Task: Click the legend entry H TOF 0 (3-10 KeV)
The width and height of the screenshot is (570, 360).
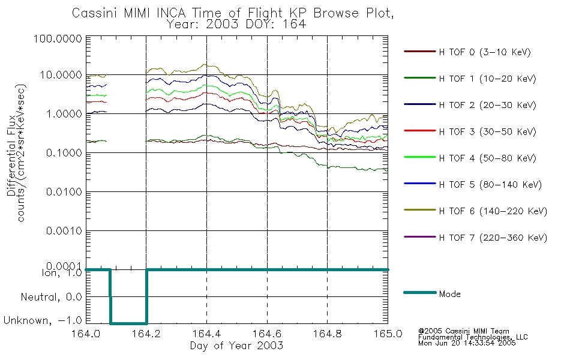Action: point(485,52)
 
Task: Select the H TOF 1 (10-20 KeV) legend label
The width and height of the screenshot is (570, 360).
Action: point(487,79)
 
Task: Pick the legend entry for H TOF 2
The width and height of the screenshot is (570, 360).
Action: point(487,105)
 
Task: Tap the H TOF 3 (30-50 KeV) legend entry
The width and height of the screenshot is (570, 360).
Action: point(487,131)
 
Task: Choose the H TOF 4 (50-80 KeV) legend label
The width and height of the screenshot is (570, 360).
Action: point(487,158)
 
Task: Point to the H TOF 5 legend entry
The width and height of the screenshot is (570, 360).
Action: point(490,185)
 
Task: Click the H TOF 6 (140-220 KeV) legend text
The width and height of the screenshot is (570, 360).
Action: point(493,211)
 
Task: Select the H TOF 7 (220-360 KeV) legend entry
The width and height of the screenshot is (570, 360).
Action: point(493,238)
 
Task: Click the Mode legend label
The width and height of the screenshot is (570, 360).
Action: point(449,294)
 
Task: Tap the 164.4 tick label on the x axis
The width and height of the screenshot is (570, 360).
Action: point(206,334)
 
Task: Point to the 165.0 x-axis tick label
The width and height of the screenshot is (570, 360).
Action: point(388,334)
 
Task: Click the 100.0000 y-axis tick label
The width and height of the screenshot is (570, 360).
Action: point(58,38)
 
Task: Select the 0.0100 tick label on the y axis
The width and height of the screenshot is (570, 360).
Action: point(64,191)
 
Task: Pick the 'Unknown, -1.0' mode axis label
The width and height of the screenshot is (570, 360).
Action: point(43,320)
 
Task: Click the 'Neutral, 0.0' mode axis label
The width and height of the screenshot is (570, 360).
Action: point(52,297)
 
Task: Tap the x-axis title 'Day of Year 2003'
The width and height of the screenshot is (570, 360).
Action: point(236,346)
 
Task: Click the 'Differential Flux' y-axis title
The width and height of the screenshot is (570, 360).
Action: point(11,155)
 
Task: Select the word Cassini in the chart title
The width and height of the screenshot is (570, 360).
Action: point(95,13)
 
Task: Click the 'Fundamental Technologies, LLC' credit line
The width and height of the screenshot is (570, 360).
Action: point(473,337)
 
